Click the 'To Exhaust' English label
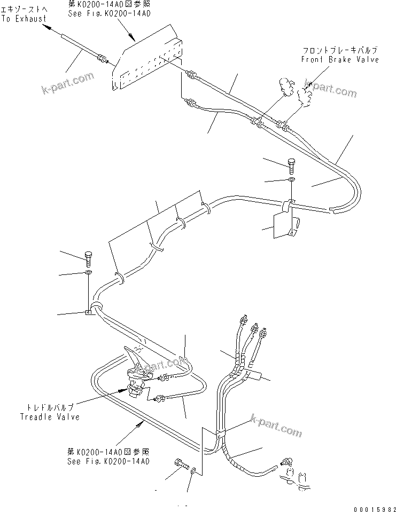[24, 19]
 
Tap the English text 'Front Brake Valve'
[339, 59]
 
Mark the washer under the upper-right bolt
[290, 180]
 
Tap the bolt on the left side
[89, 259]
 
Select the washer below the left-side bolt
[88, 273]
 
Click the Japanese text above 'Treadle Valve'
[50, 407]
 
